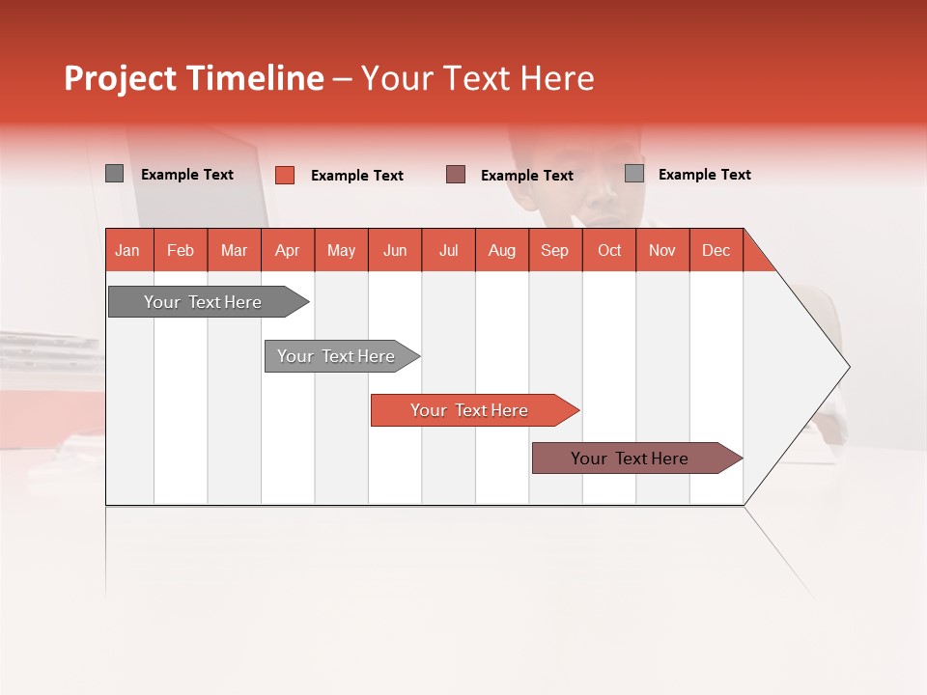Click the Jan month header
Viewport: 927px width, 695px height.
click(127, 250)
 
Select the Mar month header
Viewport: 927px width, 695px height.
click(234, 250)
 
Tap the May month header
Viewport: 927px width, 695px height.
click(341, 250)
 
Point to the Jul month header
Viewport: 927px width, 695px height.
click(448, 250)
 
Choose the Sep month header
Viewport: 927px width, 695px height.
click(554, 250)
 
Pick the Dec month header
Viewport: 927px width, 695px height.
click(716, 250)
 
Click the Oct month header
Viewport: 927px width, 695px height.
click(609, 250)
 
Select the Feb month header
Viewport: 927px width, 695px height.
click(181, 250)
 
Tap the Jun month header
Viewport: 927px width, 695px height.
click(395, 250)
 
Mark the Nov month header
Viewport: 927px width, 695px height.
click(662, 250)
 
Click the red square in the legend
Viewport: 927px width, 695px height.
click(285, 175)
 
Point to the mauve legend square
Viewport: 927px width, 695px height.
click(456, 175)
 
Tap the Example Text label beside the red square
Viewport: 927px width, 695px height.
click(357, 176)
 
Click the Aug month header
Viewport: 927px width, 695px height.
click(502, 250)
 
